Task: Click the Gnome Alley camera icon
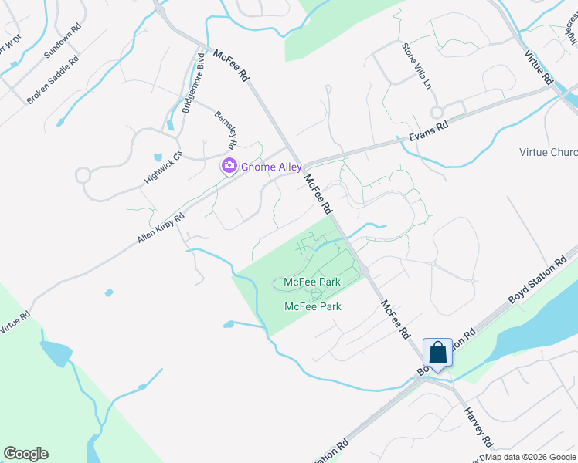point(229,166)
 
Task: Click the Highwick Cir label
point(162,167)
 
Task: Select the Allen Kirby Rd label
point(161,228)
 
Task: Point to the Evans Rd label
point(428,132)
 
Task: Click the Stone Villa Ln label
point(416,66)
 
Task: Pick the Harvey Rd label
point(478,428)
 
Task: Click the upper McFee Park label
point(312,282)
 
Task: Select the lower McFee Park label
point(313,306)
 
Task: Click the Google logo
point(25,454)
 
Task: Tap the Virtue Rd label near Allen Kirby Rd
point(15,320)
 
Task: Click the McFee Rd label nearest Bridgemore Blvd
point(232,66)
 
